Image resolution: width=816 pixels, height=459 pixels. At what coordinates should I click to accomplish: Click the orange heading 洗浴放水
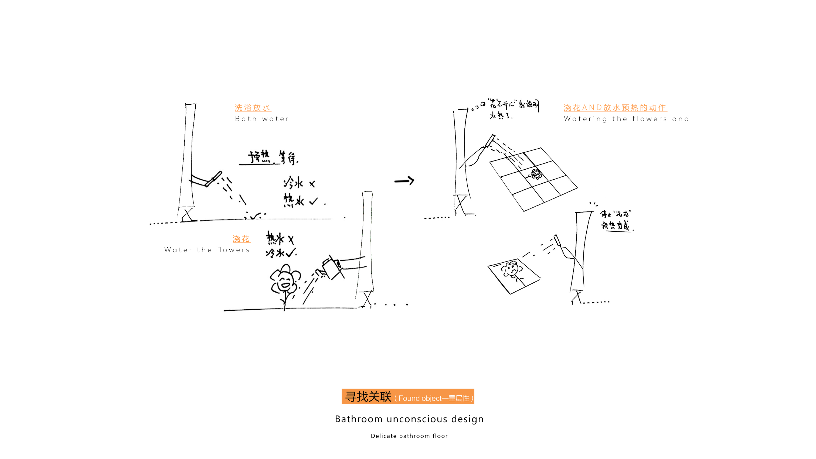click(253, 108)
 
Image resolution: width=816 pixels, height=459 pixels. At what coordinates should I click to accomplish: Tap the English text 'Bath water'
click(262, 119)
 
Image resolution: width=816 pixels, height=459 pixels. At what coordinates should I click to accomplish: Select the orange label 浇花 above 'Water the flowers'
click(242, 239)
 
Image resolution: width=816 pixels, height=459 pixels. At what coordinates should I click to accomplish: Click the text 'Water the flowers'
click(207, 250)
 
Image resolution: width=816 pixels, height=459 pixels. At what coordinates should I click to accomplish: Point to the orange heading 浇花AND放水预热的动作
click(615, 108)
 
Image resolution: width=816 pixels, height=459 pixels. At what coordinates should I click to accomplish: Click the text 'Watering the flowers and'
click(626, 119)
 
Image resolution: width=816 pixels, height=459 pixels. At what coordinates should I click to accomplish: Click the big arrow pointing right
click(404, 181)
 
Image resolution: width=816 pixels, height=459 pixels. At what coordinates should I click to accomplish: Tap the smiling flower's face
click(285, 281)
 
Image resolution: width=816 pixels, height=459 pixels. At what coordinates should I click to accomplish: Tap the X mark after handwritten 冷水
click(312, 184)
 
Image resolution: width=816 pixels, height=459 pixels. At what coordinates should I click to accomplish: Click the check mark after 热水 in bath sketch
click(313, 201)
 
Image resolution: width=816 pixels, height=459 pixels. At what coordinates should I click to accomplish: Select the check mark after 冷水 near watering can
click(291, 253)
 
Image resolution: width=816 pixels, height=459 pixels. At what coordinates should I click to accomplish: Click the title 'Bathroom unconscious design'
click(409, 419)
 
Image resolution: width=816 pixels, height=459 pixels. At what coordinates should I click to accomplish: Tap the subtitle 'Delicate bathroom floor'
click(409, 436)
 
